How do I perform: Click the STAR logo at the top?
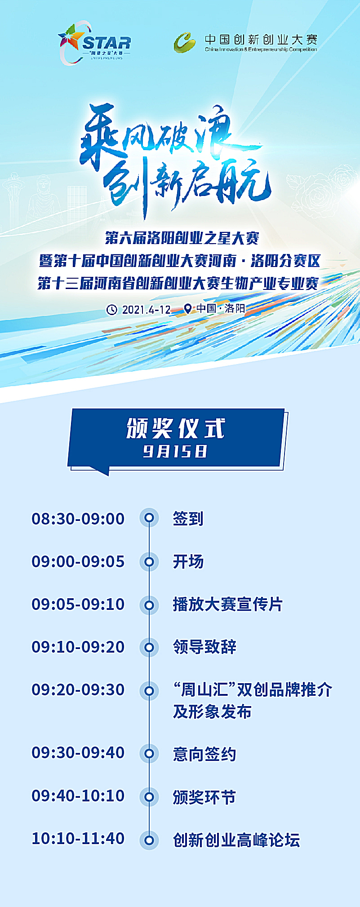tap(95, 43)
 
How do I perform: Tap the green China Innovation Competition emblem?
tap(185, 43)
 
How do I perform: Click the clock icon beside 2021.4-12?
tap(111, 309)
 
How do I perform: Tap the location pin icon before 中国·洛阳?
tap(188, 309)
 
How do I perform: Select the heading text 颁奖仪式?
tap(176, 428)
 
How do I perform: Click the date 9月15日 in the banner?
tap(175, 451)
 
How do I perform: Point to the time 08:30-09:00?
tap(78, 519)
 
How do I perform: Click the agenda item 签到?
tap(188, 519)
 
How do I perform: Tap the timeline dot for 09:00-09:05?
tap(149, 561)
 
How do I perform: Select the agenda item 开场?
tap(188, 561)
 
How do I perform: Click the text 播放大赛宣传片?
tap(228, 604)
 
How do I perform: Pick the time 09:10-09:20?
tap(78, 647)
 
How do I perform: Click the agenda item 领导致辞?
tap(204, 647)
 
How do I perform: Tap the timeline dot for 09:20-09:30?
tap(149, 691)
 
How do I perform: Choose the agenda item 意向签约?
tap(204, 754)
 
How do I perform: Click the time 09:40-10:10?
tap(78, 796)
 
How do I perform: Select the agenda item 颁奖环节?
tap(204, 797)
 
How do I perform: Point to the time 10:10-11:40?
tap(78, 838)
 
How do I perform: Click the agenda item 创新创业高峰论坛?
tap(236, 840)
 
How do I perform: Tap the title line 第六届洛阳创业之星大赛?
tap(182, 238)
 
